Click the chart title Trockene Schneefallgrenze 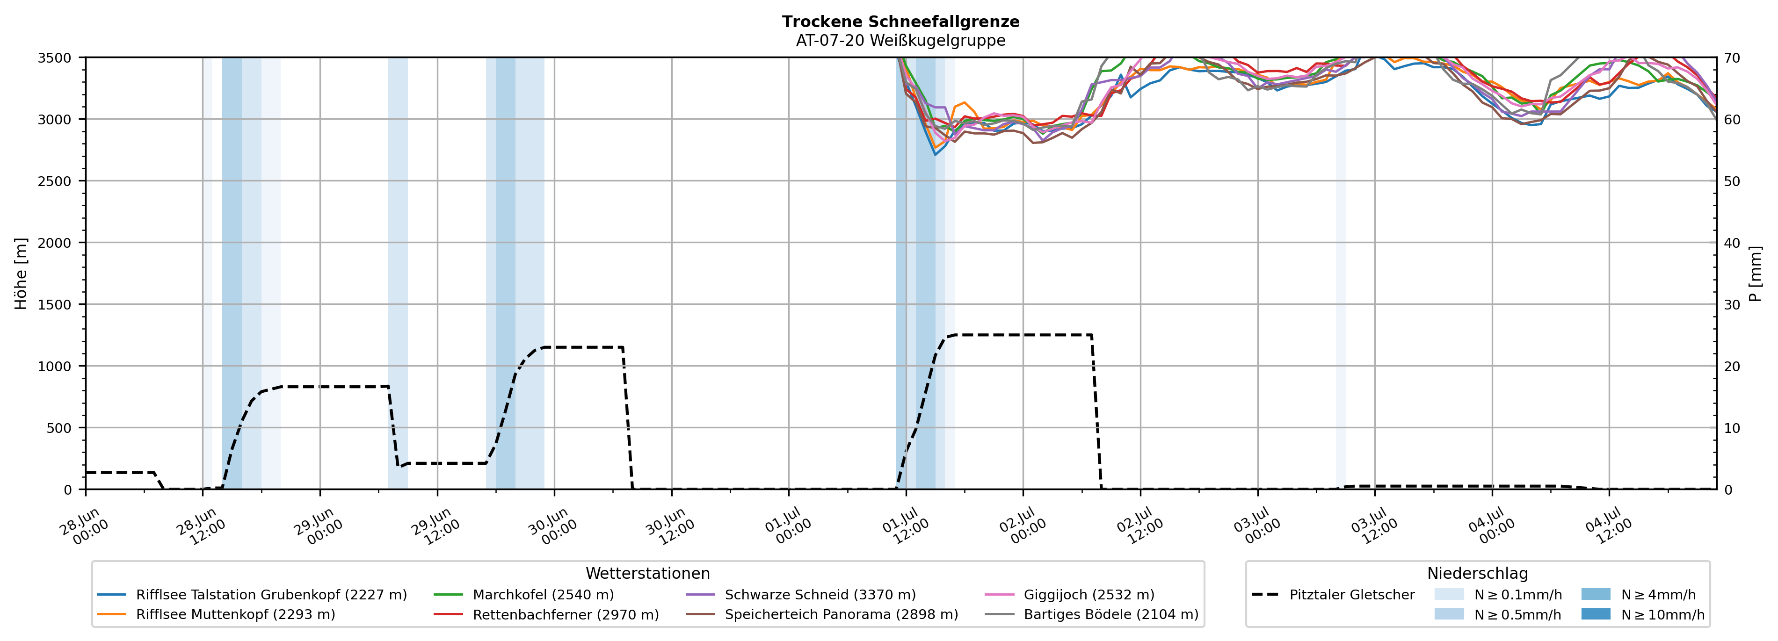pyautogui.click(x=901, y=22)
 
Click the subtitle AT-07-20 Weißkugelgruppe pyautogui.click(x=901, y=40)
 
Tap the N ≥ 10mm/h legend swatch pyautogui.click(x=1596, y=614)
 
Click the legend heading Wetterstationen pyautogui.click(x=647, y=573)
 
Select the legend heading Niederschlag pyautogui.click(x=1478, y=573)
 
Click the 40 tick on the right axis pyautogui.click(x=1732, y=243)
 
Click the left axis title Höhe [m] pyautogui.click(x=22, y=273)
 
